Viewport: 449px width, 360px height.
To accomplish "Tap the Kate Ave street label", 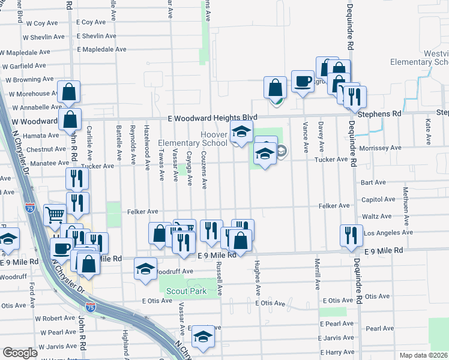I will (x=427, y=131).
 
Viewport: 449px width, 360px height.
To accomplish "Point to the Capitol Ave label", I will (x=378, y=199).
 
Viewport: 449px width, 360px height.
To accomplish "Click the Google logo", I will (x=20, y=352).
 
